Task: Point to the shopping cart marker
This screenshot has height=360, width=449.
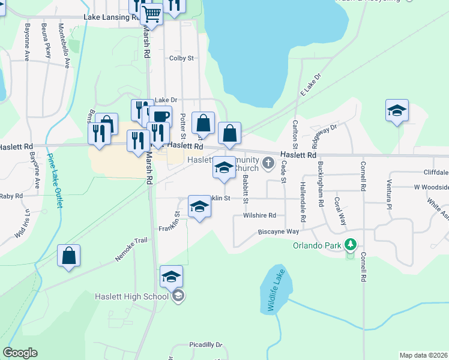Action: (152, 13)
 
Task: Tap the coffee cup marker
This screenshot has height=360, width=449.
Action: (161, 116)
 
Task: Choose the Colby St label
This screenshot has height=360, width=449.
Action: (181, 58)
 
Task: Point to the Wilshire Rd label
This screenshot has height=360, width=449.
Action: (259, 215)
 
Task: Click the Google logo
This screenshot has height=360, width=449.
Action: (20, 353)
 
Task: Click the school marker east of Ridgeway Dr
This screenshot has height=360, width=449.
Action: (397, 112)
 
